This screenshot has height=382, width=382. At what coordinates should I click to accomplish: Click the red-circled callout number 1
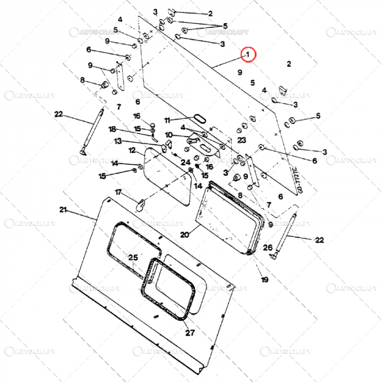(x=249, y=54)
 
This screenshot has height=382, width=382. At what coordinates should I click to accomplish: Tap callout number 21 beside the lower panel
(x=63, y=210)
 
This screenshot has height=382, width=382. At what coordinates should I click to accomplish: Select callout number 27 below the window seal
(x=189, y=333)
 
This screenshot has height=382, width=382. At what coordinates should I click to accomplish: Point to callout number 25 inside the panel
(x=133, y=258)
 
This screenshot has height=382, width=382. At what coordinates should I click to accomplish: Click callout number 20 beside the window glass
(x=184, y=235)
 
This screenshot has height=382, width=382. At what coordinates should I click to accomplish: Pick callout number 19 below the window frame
(x=265, y=280)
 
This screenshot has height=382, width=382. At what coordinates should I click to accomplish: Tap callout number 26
(x=267, y=248)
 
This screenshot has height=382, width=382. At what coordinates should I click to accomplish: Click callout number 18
(x=112, y=129)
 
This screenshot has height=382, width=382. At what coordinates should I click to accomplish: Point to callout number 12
(x=133, y=150)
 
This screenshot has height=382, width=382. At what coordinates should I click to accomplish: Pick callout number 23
(x=242, y=140)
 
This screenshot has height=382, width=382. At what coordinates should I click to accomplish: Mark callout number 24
(x=186, y=162)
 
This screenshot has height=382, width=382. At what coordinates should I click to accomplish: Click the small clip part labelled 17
(x=141, y=205)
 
